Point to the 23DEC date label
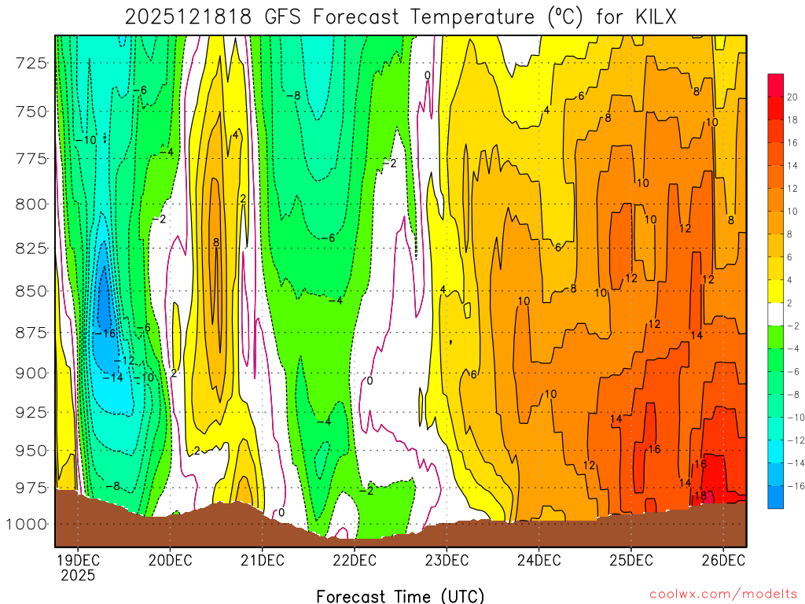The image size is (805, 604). tap(446, 560)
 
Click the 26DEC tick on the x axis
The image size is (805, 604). tap(722, 560)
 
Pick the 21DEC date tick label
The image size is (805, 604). tap(261, 560)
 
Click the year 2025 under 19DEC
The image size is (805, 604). tap(78, 575)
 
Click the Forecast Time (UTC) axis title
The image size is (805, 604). tap(400, 595)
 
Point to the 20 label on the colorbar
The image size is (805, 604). tap(792, 97)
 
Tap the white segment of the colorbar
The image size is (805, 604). tap(776, 314)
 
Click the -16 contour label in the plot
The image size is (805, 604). tap(104, 333)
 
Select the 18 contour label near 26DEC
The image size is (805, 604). tap(700, 496)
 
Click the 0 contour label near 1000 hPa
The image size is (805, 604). tap(281, 513)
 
